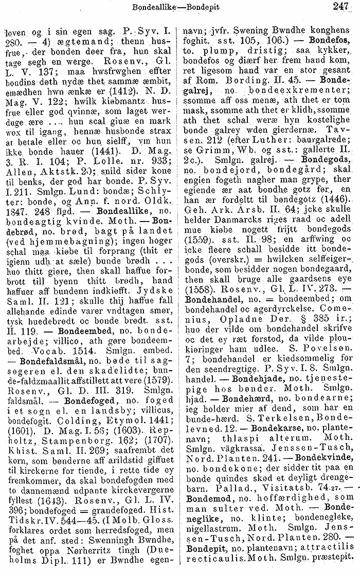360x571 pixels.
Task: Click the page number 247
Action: [341, 7]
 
